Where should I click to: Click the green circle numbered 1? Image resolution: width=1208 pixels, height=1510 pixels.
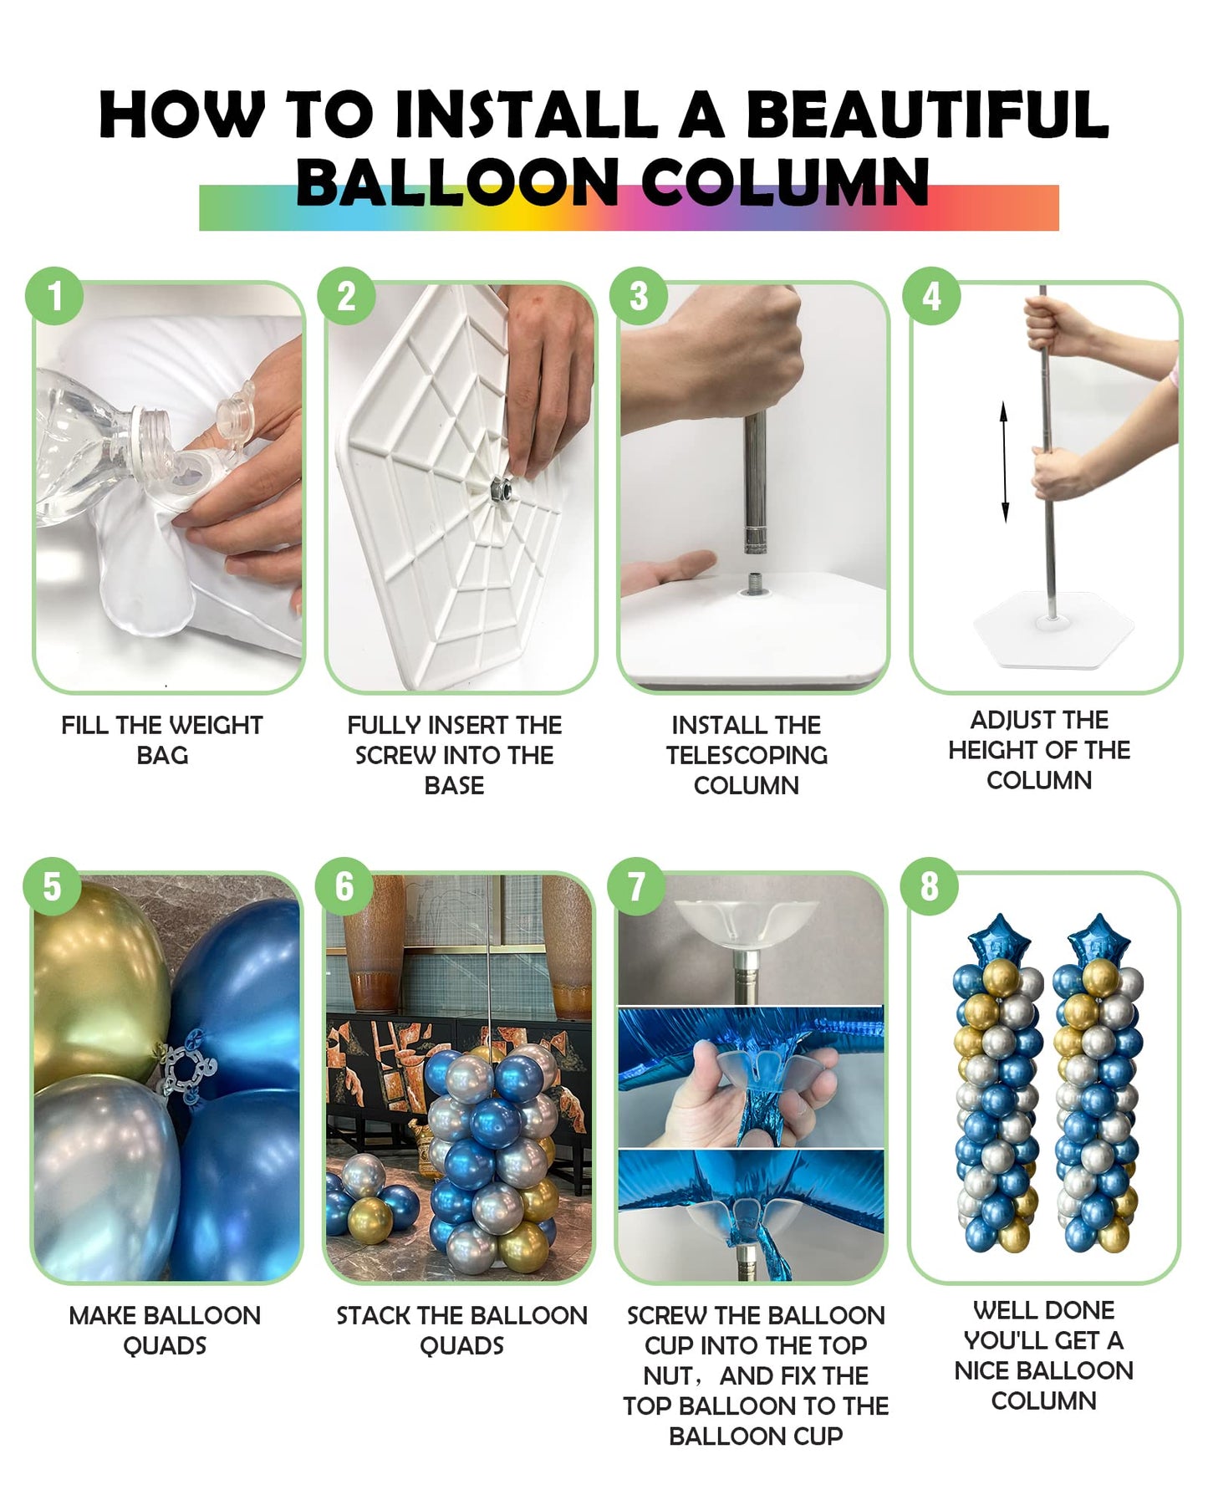pyautogui.click(x=54, y=296)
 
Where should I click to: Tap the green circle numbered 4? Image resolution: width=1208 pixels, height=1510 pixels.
pyautogui.click(x=931, y=296)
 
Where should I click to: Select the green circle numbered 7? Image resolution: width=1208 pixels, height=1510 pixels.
pyautogui.click(x=637, y=887)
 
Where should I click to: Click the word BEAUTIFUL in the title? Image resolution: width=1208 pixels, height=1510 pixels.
pyautogui.click(x=926, y=115)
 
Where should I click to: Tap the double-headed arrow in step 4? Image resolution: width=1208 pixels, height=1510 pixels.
pyautogui.click(x=1004, y=462)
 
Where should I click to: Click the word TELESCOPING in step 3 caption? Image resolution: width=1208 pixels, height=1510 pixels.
pyautogui.click(x=747, y=755)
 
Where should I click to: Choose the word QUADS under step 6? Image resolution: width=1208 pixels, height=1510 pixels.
pyautogui.click(x=461, y=1345)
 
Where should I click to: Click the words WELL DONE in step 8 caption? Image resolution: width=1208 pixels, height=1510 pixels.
pyautogui.click(x=1043, y=1309)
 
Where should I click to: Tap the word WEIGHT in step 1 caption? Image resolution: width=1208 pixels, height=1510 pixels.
pyautogui.click(x=217, y=725)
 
